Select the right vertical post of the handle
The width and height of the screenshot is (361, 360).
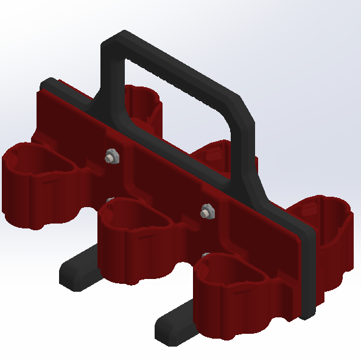pyautogui.click(x=248, y=152)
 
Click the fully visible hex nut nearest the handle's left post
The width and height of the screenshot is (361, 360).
pyautogui.click(x=111, y=157)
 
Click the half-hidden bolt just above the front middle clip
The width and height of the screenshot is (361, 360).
pyautogui.click(x=110, y=199)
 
